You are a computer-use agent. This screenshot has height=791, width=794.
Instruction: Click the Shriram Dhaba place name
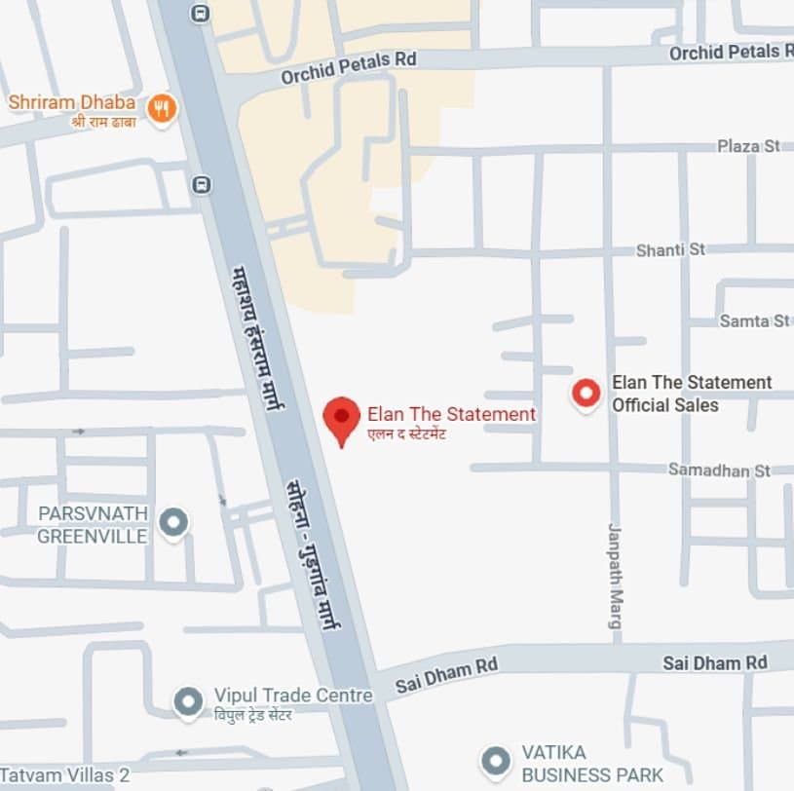click(72, 101)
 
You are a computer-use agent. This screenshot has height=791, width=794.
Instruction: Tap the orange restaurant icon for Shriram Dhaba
click(162, 108)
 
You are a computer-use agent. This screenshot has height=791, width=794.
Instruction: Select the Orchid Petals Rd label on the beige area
click(349, 67)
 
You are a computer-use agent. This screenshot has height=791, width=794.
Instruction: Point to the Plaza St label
click(748, 146)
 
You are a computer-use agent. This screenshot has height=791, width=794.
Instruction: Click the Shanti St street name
click(670, 250)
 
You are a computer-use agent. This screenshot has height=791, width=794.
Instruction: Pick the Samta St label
click(754, 320)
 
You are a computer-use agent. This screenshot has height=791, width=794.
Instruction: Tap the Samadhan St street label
click(719, 471)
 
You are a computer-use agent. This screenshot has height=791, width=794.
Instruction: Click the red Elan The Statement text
click(451, 414)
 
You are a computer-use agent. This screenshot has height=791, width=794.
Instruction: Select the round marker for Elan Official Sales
click(586, 394)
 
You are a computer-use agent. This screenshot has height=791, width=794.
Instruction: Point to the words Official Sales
click(664, 405)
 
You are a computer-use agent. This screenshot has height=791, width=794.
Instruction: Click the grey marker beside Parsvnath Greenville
click(173, 523)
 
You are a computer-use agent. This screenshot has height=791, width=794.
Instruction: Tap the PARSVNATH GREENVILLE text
click(93, 525)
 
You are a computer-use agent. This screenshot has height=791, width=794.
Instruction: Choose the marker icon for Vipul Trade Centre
click(187, 699)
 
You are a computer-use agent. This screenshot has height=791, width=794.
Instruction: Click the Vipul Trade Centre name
click(293, 696)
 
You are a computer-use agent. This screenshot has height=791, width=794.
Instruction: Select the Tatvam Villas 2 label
click(69, 775)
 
